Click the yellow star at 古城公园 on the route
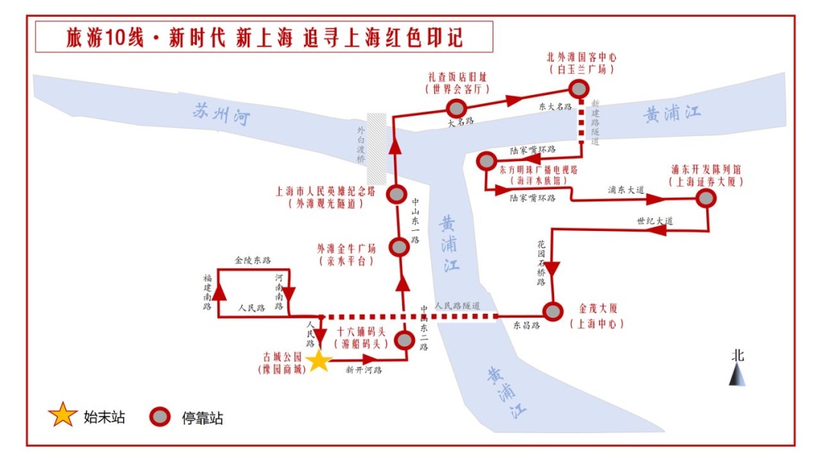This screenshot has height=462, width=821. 319,360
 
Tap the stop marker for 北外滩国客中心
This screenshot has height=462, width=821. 579,89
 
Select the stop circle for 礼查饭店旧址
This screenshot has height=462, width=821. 455,107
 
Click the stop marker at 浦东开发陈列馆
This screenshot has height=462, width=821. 706,198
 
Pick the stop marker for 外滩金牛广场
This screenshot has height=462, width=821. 398,247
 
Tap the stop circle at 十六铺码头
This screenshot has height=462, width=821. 405,340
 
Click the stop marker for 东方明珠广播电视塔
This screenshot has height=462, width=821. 486,161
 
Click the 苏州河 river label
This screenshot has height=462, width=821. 220,115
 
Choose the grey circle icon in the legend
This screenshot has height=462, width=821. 160,416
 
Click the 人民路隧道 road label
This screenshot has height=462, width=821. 458,305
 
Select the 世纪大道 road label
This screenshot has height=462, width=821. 655,221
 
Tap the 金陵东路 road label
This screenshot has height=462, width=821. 252,260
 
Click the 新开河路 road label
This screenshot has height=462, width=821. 363,370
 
